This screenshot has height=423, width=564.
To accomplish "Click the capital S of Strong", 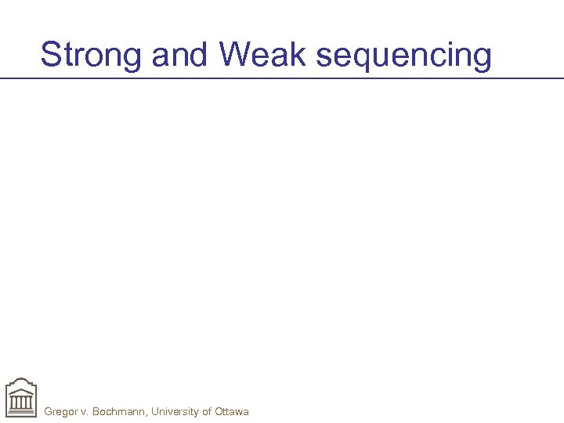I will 51,56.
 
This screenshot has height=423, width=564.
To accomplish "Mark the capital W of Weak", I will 234,56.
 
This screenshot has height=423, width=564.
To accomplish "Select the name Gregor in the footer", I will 61,411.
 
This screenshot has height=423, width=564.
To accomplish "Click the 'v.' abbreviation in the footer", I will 85,411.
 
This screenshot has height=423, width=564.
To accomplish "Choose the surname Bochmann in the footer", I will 119,411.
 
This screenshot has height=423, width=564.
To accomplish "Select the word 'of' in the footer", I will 207,411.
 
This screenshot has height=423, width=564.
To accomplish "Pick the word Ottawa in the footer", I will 232,411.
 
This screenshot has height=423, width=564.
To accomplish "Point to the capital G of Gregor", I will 49,411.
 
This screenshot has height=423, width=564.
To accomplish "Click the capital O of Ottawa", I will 219,411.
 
